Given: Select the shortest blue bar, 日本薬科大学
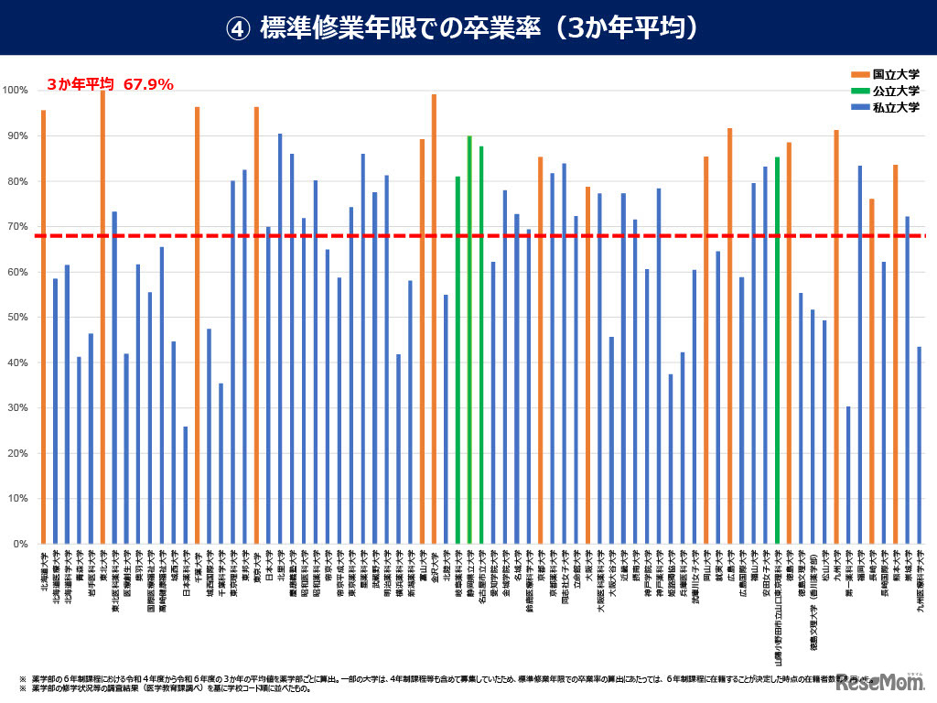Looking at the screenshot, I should coord(185,485).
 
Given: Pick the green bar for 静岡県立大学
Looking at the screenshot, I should coord(469,340).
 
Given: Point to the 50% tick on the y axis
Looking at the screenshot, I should coord(16,318).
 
